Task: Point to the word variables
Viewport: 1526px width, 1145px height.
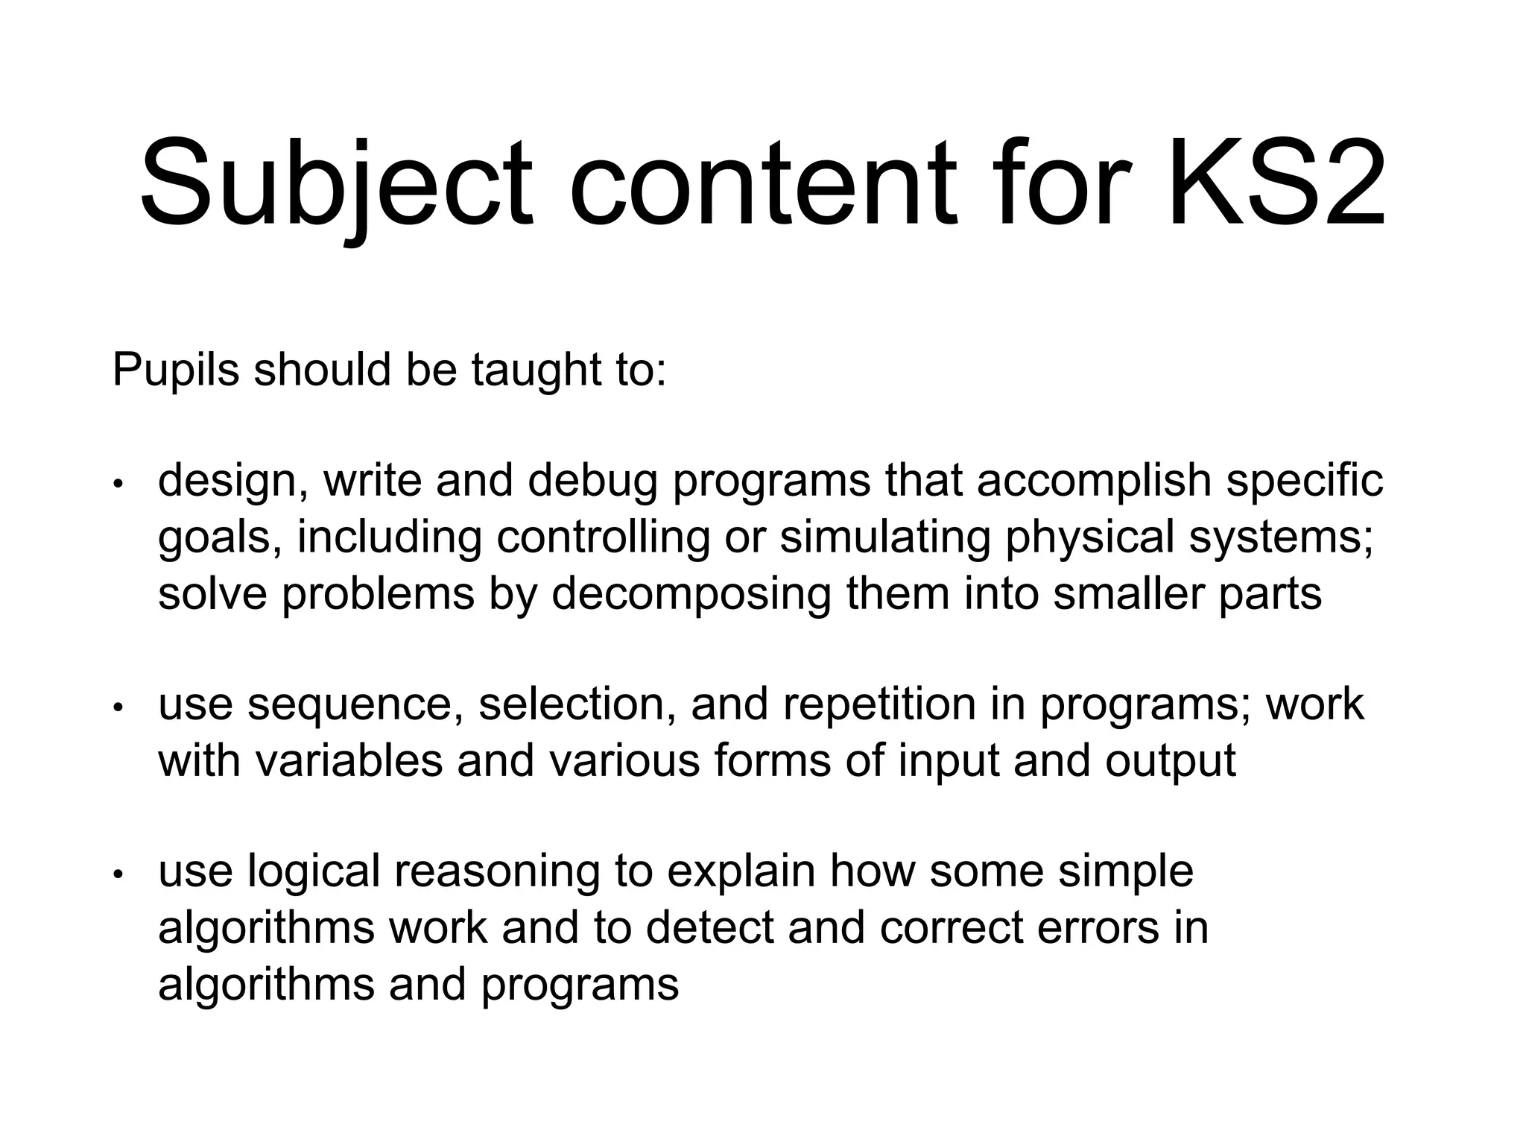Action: [349, 760]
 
